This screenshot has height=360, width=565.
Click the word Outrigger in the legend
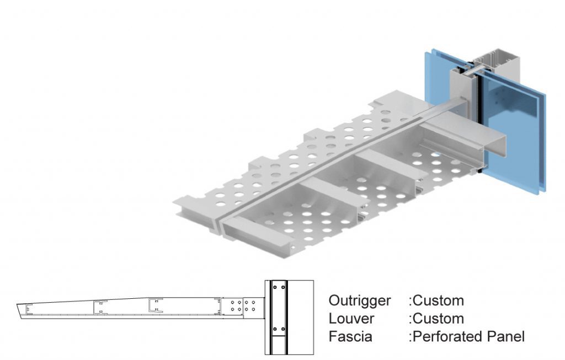click(x=359, y=301)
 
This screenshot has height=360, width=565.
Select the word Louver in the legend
click(x=351, y=319)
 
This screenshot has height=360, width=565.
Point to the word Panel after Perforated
click(x=505, y=336)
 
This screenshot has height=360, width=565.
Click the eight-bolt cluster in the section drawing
click(x=243, y=305)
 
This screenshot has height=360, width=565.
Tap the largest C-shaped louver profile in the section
click(x=154, y=306)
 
